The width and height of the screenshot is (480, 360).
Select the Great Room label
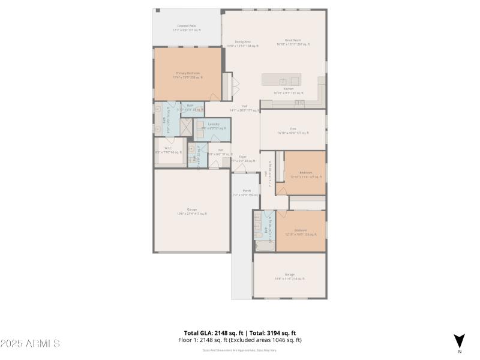click(293, 43)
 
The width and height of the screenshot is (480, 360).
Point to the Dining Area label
click(242, 44)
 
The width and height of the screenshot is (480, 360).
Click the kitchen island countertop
click(281, 80)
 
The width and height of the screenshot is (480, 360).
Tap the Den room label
click(293, 130)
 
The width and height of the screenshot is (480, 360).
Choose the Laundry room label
click(214, 126)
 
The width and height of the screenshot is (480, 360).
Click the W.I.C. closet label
click(168, 150)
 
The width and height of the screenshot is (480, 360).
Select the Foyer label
click(243, 159)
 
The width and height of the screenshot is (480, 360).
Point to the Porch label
click(245, 193)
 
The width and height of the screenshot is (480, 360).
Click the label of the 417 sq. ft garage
click(191, 211)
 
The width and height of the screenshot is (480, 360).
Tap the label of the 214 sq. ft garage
click(290, 277)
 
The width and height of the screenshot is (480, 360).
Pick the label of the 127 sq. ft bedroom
click(305, 175)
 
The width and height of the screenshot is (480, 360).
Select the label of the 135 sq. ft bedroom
click(301, 232)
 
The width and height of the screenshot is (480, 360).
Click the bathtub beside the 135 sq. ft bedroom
click(264, 245)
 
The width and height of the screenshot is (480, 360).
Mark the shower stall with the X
click(186, 126)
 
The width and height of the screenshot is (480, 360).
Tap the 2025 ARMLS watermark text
click(30, 344)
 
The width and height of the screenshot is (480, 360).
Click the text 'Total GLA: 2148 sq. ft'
click(213, 333)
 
